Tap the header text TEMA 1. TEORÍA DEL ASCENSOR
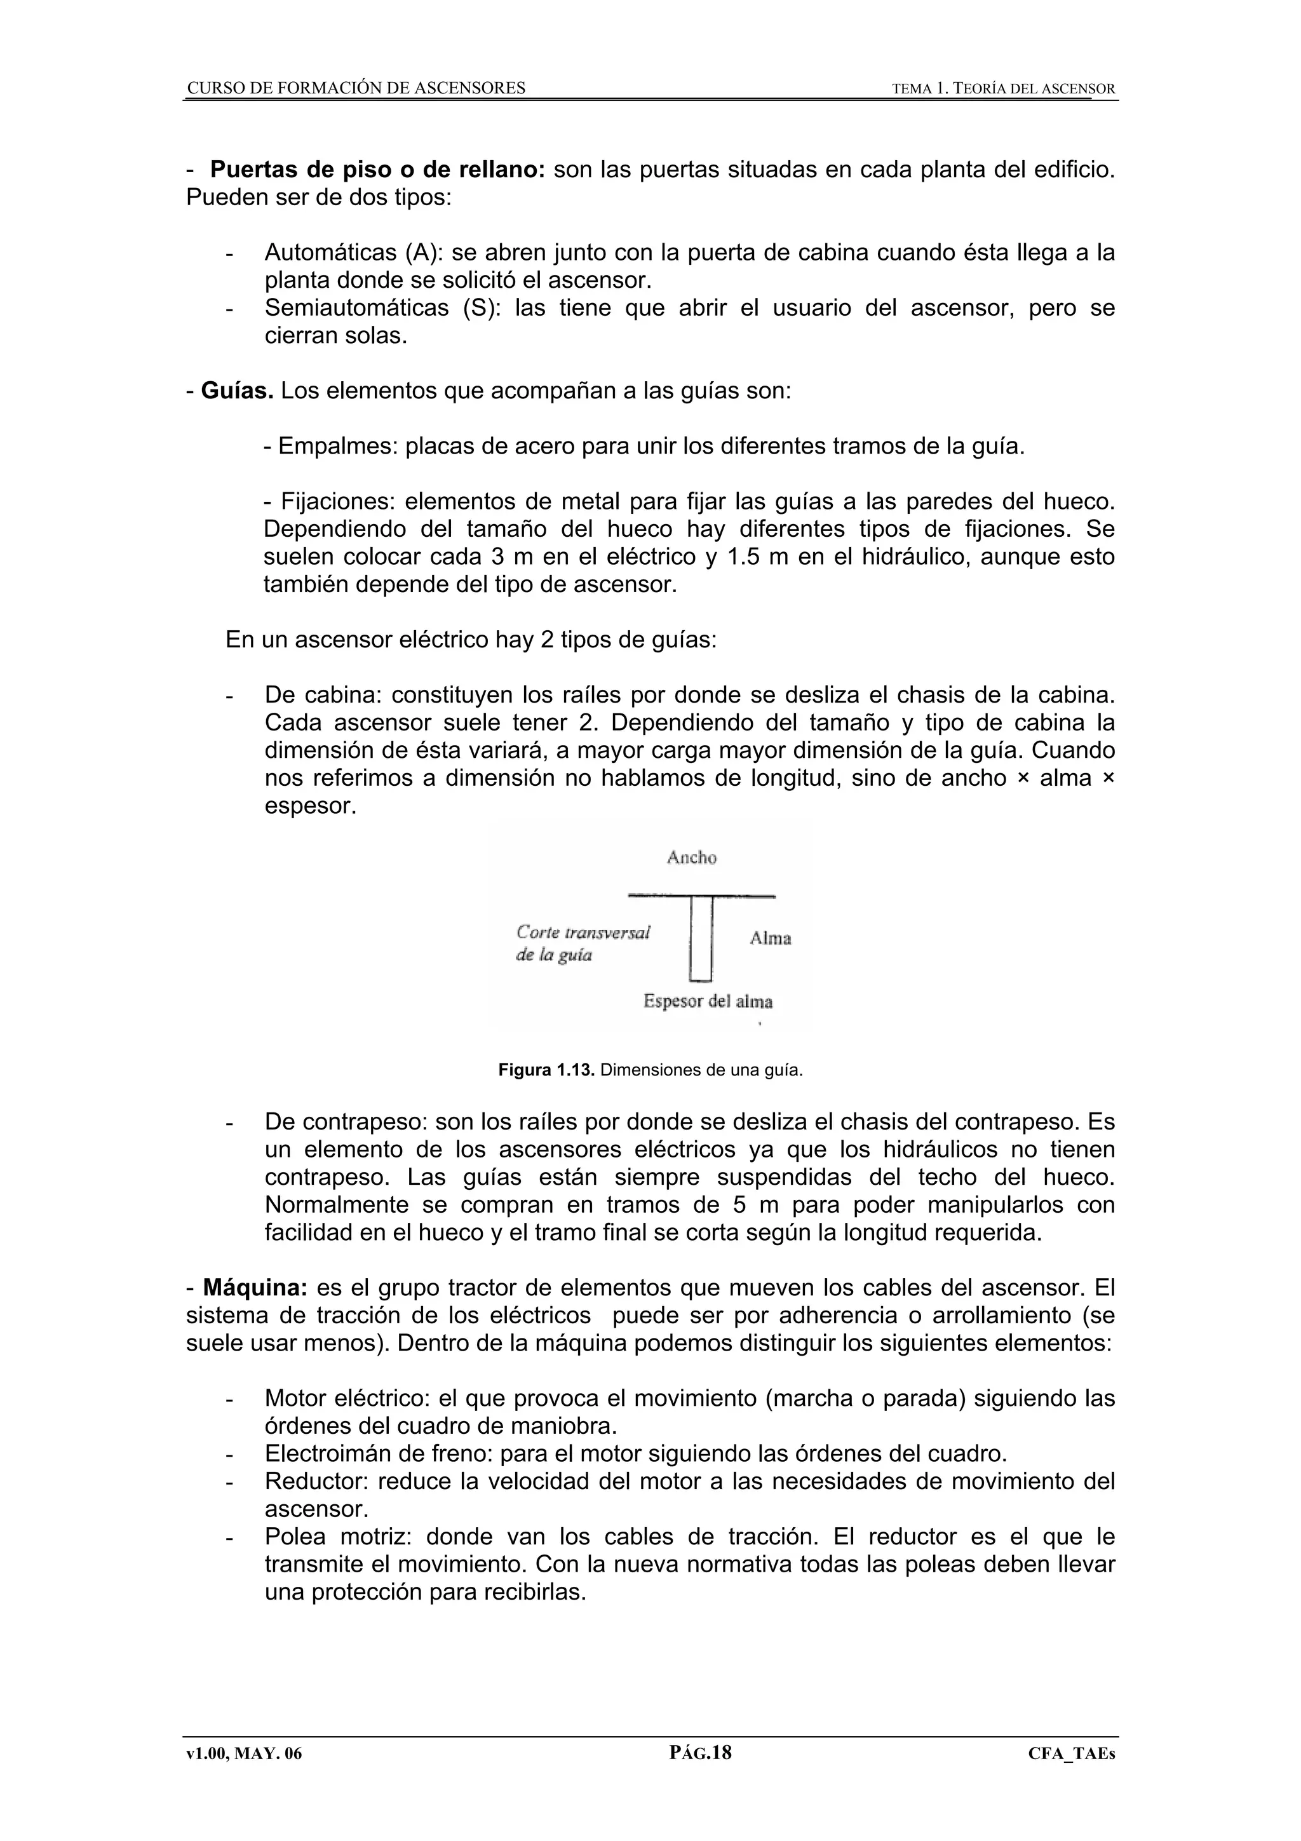tap(1003, 89)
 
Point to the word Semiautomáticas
tap(357, 308)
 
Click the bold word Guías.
tap(238, 391)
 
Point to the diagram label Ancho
tap(691, 858)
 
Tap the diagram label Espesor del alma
tap(708, 1001)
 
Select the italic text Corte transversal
tap(583, 932)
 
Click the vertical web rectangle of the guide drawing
tap(701, 938)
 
